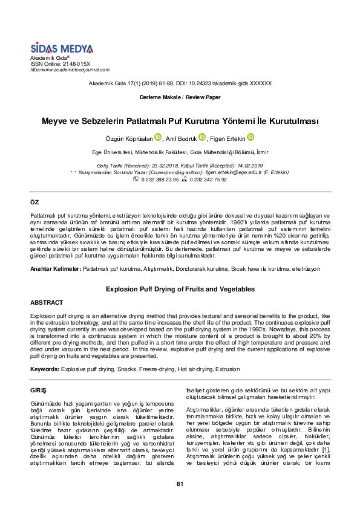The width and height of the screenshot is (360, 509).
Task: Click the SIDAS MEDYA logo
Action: click(x=62, y=48)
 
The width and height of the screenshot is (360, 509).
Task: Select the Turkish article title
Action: click(x=180, y=121)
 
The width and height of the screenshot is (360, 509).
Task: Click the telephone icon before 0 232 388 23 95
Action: click(x=136, y=180)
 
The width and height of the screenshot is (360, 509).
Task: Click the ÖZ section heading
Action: click(x=34, y=200)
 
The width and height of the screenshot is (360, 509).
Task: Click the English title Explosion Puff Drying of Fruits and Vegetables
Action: click(x=180, y=289)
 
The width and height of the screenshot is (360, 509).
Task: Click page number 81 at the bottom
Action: click(x=180, y=484)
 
